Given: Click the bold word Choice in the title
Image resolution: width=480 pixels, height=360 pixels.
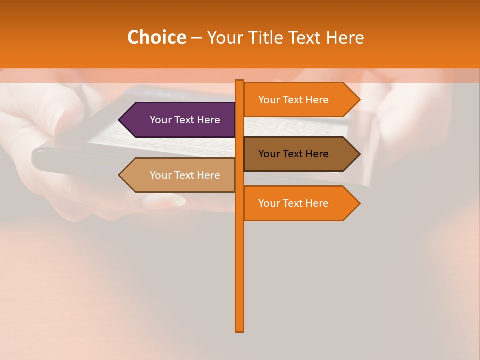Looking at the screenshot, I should (156, 37).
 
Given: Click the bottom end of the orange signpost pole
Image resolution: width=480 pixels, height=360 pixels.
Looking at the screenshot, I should (240, 330).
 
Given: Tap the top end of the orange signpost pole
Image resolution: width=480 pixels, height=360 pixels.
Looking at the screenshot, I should (240, 81).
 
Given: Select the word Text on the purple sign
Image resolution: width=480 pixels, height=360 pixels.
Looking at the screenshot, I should (185, 120).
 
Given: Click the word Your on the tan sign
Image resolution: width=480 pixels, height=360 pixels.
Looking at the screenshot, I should (160, 175).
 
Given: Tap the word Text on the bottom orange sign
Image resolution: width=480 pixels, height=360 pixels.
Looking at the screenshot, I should (293, 203).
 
